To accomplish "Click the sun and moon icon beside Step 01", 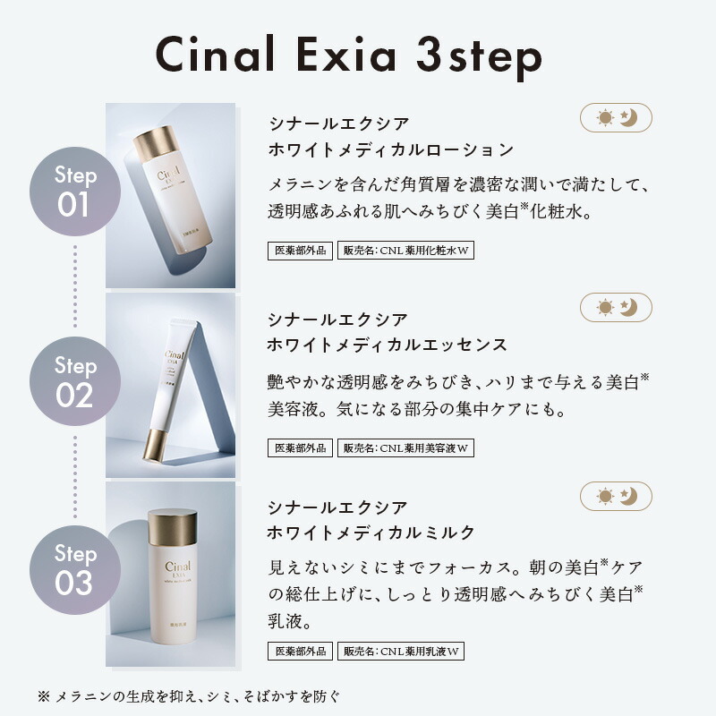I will coord(616,117).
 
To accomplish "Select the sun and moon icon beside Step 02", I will coord(616,307).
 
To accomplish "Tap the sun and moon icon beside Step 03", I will coord(616,496).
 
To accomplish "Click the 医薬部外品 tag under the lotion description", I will coord(300,251).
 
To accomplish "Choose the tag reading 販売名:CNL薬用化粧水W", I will coord(405,251).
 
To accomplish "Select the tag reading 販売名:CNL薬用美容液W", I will coord(405,447).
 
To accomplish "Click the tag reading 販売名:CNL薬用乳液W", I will coord(400,652).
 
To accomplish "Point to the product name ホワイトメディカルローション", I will coord(391,149).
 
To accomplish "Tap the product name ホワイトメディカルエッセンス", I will coord(388,345).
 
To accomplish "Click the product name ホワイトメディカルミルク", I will coord(371,533).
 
